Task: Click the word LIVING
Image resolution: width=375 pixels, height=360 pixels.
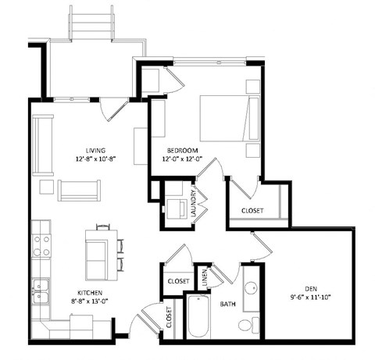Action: coord(96,151)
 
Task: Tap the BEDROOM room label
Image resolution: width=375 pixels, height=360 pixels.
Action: coord(181,150)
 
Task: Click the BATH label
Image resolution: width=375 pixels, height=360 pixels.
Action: coord(228,304)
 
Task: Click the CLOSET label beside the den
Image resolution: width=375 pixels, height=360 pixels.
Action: coord(252,211)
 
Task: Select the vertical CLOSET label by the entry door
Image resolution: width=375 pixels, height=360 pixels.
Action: coord(169,315)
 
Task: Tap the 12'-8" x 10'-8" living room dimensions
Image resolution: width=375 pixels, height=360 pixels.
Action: coord(96,161)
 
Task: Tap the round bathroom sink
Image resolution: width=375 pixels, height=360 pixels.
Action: coord(252,286)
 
